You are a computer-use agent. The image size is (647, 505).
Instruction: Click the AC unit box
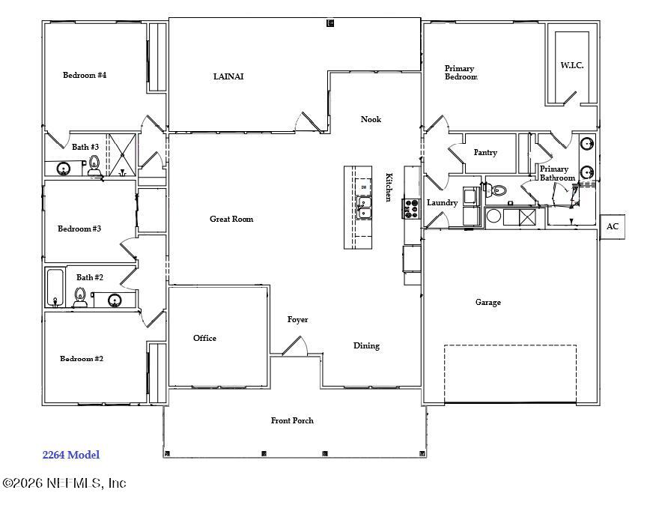pyautogui.click(x=613, y=227)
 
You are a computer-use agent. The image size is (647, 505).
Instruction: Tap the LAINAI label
pyautogui.click(x=228, y=76)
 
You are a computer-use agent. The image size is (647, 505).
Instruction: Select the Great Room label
pyautogui.click(x=231, y=219)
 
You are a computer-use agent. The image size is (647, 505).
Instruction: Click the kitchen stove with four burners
pyautogui.click(x=411, y=208)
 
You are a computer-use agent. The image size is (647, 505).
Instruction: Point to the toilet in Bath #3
pyautogui.click(x=94, y=166)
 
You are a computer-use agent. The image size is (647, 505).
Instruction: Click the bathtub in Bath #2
pyautogui.click(x=55, y=288)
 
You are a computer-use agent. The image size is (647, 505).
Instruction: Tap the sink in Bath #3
pyautogui.click(x=64, y=169)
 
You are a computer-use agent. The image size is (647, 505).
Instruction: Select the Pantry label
pyautogui.click(x=485, y=152)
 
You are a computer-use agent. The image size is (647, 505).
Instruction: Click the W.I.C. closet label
pyautogui.click(x=572, y=65)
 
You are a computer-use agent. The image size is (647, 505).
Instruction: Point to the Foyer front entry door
pyautogui.click(x=294, y=346)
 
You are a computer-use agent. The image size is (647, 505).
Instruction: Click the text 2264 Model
pyautogui.click(x=71, y=455)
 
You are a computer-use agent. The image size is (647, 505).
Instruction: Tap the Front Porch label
pyautogui.click(x=292, y=420)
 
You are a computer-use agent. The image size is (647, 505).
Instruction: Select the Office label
pyautogui.click(x=204, y=338)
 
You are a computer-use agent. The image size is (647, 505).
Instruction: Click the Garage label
pyautogui.click(x=488, y=302)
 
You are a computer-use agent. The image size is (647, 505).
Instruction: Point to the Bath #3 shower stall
pyautogui.click(x=122, y=155)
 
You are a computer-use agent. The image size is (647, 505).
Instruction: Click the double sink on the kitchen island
pyautogui.click(x=363, y=208)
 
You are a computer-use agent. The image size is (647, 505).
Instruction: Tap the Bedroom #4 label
pyautogui.click(x=85, y=75)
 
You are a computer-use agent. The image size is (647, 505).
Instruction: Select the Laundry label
pyautogui.click(x=442, y=203)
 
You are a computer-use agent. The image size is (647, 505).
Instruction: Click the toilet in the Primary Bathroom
pyautogui.click(x=496, y=190)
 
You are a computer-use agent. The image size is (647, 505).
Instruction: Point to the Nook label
pyautogui.click(x=371, y=119)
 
